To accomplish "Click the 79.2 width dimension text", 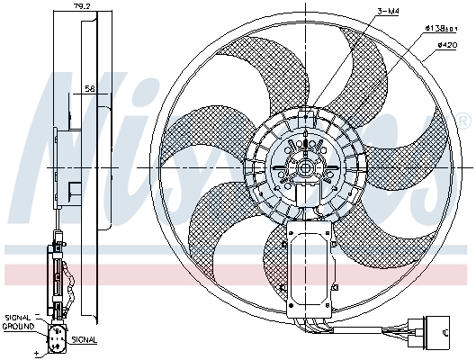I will (x=81, y=7).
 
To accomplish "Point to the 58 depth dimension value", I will (x=91, y=89).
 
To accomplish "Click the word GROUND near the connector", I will (x=18, y=326).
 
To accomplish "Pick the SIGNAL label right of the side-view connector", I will (x=84, y=340).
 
